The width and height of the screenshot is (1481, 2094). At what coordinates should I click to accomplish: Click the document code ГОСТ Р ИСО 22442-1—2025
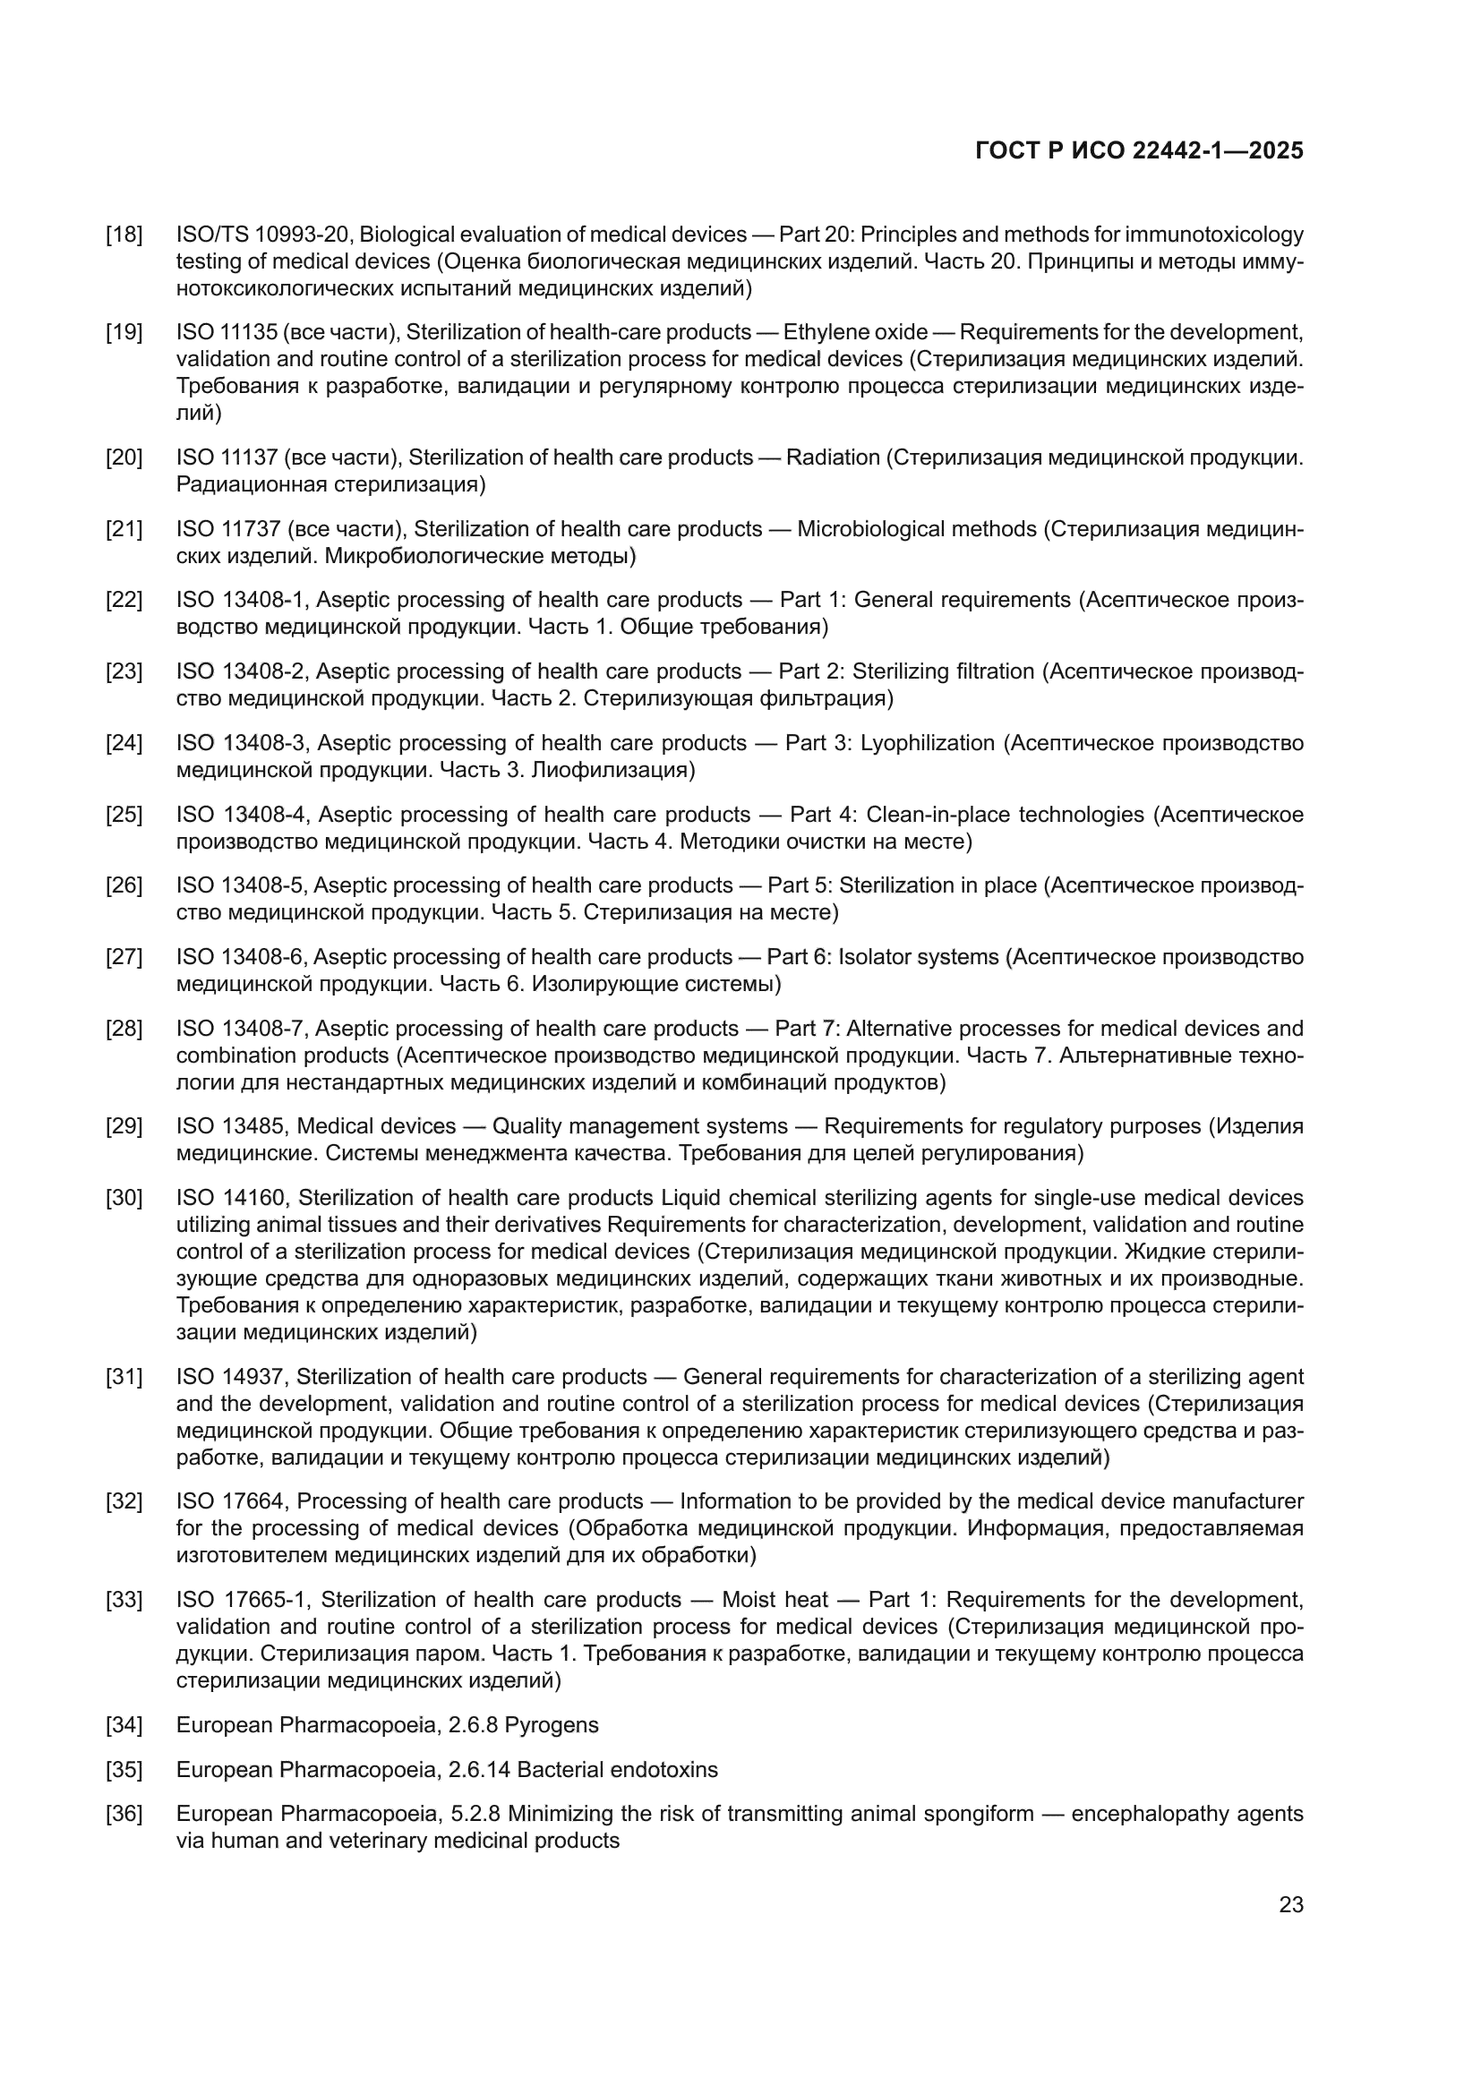point(1139,150)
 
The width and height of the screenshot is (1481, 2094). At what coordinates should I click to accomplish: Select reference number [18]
point(124,235)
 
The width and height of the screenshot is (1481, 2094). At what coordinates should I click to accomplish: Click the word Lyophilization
point(928,743)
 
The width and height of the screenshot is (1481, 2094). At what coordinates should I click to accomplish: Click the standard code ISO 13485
point(231,1126)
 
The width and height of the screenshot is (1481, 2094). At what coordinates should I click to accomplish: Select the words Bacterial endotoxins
point(618,1770)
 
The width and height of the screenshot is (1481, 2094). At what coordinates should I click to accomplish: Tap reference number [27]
point(124,958)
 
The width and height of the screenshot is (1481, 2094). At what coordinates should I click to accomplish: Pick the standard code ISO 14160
point(232,1198)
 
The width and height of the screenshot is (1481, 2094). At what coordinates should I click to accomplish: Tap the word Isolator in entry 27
point(874,958)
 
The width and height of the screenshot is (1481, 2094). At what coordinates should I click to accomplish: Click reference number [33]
point(124,1600)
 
